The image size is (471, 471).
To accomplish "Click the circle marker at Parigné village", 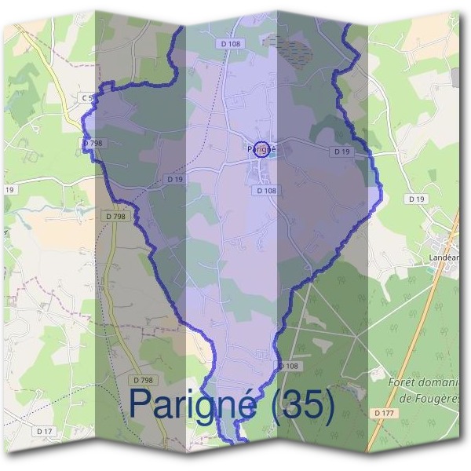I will tap(263, 148).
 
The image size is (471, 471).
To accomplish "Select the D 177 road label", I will tap(383, 412).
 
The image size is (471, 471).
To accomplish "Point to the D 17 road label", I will tap(44, 431).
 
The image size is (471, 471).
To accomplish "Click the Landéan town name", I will tap(444, 257).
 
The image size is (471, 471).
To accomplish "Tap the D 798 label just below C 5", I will tap(93, 143).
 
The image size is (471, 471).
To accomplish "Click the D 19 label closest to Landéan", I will tap(416, 199).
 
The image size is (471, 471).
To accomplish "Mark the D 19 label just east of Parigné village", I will tap(341, 151).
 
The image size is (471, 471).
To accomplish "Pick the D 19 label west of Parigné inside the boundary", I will tap(175, 179).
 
